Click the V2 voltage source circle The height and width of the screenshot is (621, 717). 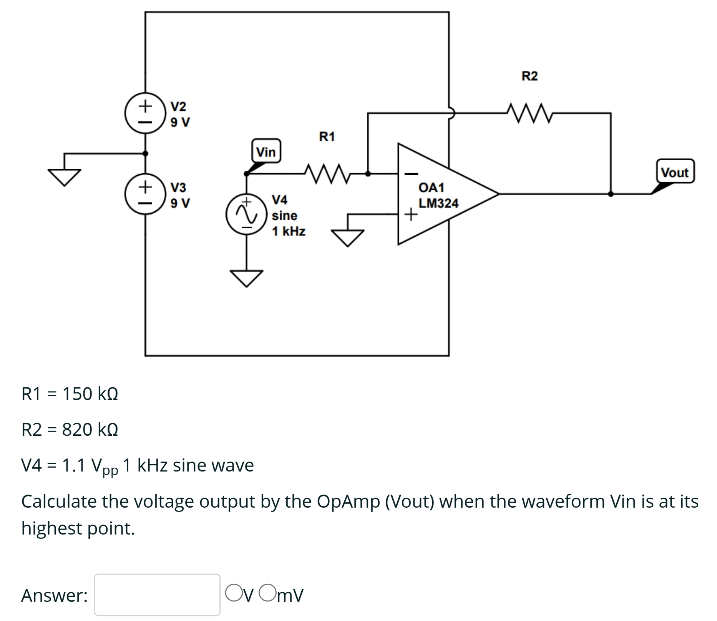coord(145,113)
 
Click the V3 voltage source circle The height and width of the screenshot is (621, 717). coord(145,194)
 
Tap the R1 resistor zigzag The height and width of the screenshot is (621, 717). coord(328,174)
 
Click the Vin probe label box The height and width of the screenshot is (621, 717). coord(266,151)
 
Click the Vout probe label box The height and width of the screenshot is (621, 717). coord(675,172)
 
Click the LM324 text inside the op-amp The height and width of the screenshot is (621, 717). coord(438,203)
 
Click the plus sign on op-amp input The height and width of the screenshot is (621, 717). coord(411,214)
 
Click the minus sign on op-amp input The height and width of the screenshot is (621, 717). coord(411,174)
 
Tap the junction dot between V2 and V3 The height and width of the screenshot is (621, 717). coord(145,154)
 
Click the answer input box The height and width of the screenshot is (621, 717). coord(157,594)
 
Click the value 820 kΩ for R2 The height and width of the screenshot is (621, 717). coord(90,429)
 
